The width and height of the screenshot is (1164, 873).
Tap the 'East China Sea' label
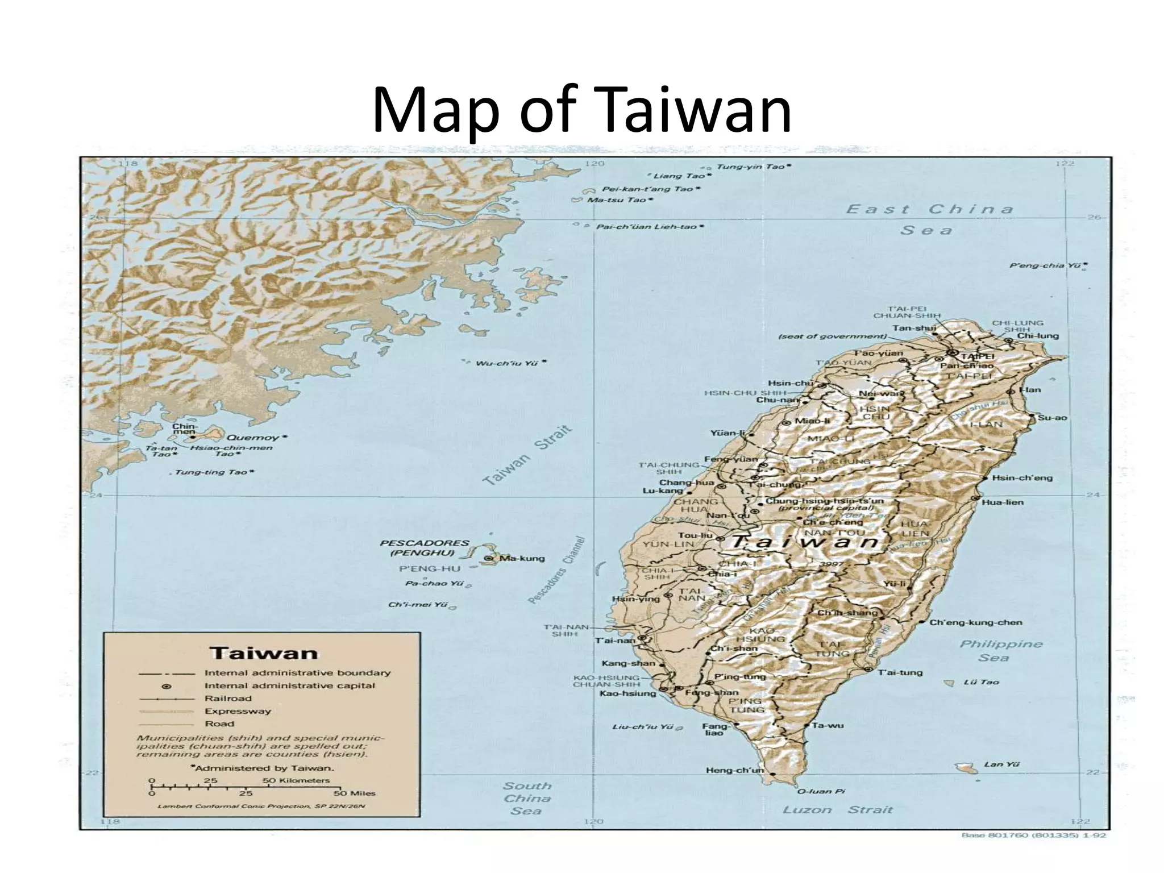[930, 219]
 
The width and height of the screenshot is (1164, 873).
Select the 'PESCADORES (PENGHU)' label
[424, 548]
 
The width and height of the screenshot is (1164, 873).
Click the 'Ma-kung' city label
[522, 558]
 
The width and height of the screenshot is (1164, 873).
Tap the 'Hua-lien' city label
[1003, 502]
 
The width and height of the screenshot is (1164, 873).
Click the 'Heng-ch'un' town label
[735, 770]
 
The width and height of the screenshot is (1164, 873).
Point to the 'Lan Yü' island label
[993, 764]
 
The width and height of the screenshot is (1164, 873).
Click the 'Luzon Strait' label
[838, 809]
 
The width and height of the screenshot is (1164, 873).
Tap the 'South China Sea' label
[527, 798]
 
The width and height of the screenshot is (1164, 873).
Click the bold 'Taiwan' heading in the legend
[264, 652]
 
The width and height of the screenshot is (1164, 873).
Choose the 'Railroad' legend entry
[228, 699]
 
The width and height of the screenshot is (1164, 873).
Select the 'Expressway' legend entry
[238, 711]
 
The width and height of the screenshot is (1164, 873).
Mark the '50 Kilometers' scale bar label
[296, 780]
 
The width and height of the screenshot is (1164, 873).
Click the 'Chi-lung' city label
[1038, 335]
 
